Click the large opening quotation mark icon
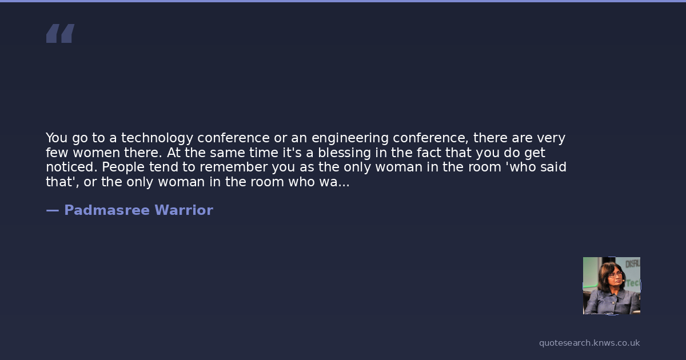pos(61,33)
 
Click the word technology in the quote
pos(157,138)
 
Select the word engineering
pos(350,138)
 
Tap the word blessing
pos(344,153)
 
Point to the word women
pos(96,153)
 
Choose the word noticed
pos(71,167)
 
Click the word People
pos(123,167)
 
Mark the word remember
pos(234,167)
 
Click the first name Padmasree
pos(107,210)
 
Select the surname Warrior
pos(184,210)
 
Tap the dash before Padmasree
pos(53,211)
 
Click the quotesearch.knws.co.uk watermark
pos(589,343)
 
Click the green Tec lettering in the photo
pos(633,283)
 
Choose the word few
pos(57,153)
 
